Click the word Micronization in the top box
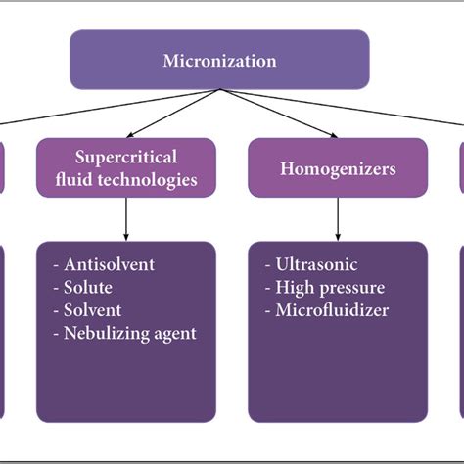(x=219, y=61)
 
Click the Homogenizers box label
(x=338, y=168)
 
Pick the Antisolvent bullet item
(x=109, y=264)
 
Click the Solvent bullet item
(x=92, y=310)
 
